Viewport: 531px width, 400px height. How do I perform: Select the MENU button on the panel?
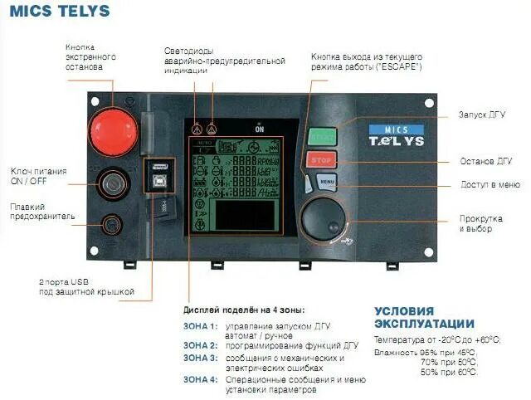point(327,181)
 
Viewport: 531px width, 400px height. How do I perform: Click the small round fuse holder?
point(109,222)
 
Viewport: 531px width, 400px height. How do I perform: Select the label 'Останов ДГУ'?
point(485,161)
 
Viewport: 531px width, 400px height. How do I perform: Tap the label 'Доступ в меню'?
point(490,184)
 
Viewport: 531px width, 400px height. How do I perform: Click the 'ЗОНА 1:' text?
point(200,326)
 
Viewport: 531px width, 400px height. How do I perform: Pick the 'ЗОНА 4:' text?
point(200,378)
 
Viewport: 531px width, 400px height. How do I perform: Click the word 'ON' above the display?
point(260,129)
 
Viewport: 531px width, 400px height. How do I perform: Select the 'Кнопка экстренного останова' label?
point(90,56)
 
